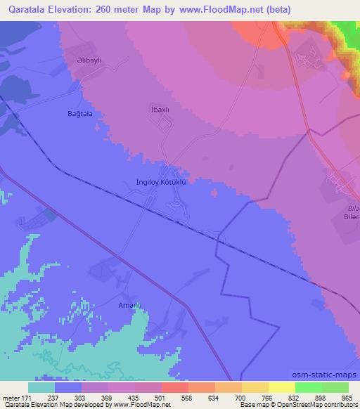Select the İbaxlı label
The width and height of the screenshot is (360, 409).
pos(161,110)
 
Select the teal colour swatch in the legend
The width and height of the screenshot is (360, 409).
pos(41,387)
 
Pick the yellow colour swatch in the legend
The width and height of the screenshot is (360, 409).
pos(282,387)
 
